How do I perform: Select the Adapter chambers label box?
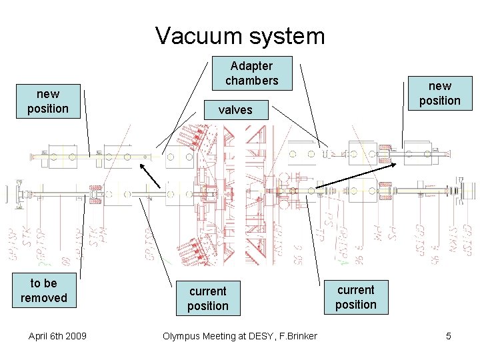(x=251, y=73)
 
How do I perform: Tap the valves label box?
(x=235, y=110)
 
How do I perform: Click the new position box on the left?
(x=48, y=101)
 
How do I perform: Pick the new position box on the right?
(x=439, y=93)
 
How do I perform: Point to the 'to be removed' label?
(x=44, y=291)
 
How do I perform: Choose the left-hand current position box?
(x=207, y=299)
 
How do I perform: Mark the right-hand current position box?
(x=355, y=297)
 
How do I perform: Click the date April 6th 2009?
(x=57, y=336)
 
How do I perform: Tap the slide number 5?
(x=448, y=336)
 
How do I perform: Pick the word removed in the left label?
(x=44, y=298)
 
